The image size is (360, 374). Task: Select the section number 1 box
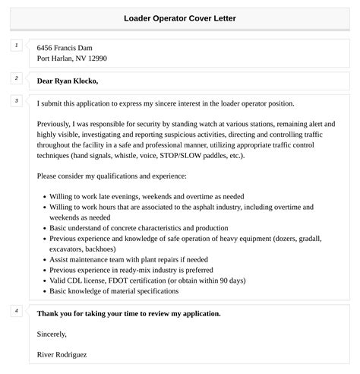16,46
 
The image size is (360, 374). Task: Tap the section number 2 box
16,78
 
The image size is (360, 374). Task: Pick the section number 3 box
16,100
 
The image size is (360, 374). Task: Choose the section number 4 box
16,310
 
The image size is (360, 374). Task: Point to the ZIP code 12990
96,59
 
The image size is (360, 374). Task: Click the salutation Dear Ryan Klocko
68,81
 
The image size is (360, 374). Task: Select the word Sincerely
52,333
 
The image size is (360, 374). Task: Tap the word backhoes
112,248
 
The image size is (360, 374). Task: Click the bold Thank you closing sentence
128,313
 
